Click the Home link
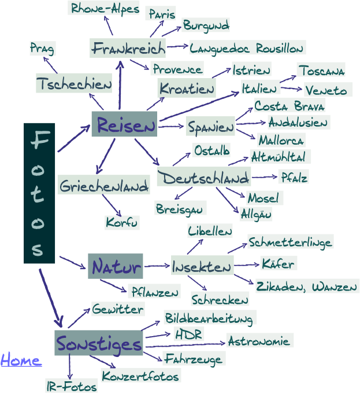21,361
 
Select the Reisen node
125,124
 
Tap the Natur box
115,267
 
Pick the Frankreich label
128,47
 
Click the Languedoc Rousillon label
247,47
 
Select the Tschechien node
73,84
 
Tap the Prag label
42,48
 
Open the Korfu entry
122,222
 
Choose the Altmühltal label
280,156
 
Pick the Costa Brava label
289,106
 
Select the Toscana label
321,71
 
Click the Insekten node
202,267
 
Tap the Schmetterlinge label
298,241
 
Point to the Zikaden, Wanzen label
307,286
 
